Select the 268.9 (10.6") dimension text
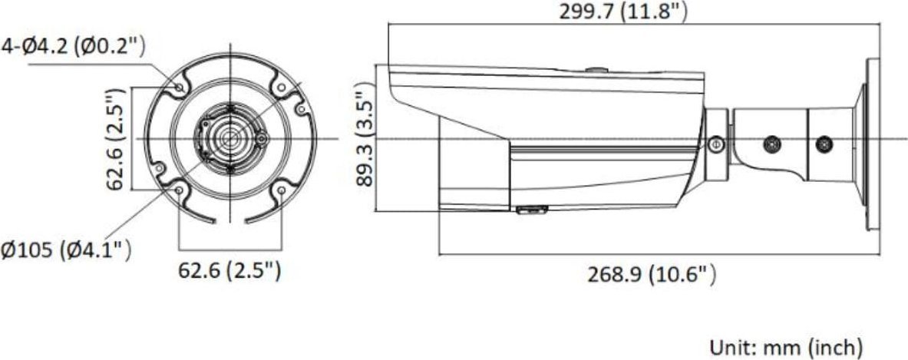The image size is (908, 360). pos(652,273)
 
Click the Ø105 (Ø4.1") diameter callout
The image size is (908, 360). pos(66,251)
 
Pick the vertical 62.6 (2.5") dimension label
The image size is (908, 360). pos(116,139)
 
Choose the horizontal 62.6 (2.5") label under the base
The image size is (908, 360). pos(229,270)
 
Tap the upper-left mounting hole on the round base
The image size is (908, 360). pos(178,88)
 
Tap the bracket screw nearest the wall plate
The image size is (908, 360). pos(824,143)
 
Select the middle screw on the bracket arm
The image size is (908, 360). pos(772,143)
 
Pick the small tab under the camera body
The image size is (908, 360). pos(530,209)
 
